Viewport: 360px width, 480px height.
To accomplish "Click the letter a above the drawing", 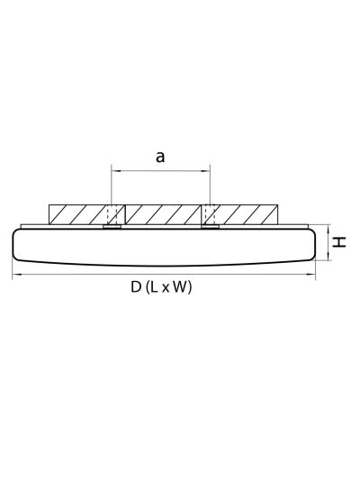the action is (160, 157).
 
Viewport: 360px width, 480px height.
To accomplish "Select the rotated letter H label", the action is (339, 242).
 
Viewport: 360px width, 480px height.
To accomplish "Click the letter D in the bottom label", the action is (136, 287).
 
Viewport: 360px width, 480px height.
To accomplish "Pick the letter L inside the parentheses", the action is (154, 287).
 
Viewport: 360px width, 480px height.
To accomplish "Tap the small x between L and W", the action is (166, 289).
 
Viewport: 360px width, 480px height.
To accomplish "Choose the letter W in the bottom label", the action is (180, 287).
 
